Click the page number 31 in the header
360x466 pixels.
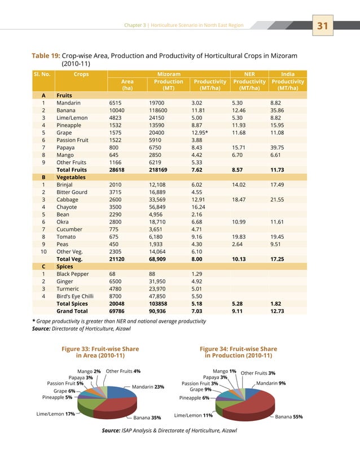(323, 26)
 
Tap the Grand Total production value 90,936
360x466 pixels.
(160, 310)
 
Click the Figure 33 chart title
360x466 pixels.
(100, 352)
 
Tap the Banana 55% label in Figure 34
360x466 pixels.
(289, 417)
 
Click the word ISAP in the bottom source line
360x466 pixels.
(128, 430)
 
